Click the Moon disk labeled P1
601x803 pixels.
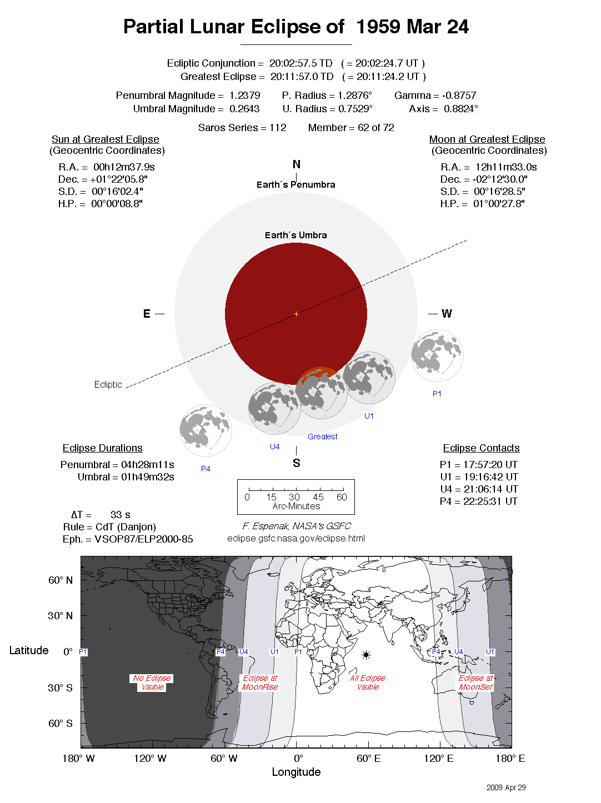(x=437, y=355)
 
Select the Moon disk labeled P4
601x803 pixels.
(x=206, y=430)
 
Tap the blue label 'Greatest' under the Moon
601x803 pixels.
(x=322, y=436)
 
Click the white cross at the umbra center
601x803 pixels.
(x=296, y=314)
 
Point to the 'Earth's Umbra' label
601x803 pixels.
(x=296, y=235)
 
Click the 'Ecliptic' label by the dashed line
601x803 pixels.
(x=108, y=384)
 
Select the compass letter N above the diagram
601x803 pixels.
(x=297, y=164)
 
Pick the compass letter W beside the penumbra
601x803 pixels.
(x=447, y=314)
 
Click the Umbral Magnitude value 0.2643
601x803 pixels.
(x=244, y=109)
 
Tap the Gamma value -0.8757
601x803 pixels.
(x=459, y=96)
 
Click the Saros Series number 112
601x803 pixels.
(x=278, y=128)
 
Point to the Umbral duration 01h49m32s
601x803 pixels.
(x=148, y=477)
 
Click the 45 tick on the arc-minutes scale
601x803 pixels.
(x=318, y=497)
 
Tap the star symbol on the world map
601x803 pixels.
(x=366, y=655)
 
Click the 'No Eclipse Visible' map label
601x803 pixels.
(x=152, y=682)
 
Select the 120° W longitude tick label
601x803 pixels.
(x=150, y=759)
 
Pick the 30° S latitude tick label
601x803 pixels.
(x=60, y=687)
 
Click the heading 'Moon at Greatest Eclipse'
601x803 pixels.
(x=487, y=139)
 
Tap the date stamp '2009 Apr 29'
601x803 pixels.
(x=506, y=787)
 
